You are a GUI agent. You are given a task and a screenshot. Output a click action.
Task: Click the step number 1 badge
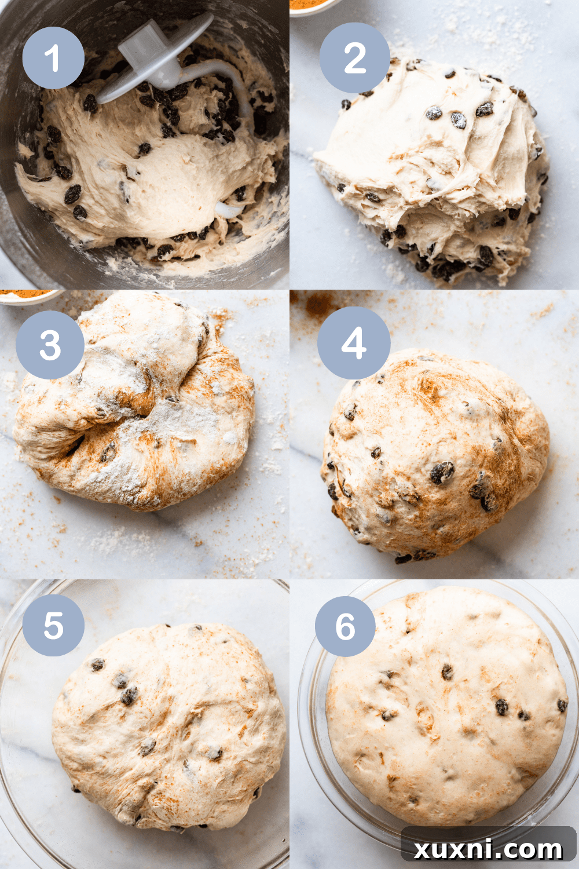[53, 58]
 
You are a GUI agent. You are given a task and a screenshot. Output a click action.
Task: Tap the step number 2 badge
[355, 58]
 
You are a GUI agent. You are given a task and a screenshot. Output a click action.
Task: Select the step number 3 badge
[50, 345]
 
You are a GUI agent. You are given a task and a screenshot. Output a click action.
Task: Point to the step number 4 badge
[354, 343]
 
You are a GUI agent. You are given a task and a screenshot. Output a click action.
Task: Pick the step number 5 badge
[53, 626]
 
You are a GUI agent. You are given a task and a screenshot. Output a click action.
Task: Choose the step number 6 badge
[345, 626]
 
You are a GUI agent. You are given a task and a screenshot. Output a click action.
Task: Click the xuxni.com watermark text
[488, 849]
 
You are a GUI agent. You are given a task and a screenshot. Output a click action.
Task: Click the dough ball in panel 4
[434, 458]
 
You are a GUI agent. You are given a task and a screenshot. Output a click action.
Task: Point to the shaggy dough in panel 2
[434, 168]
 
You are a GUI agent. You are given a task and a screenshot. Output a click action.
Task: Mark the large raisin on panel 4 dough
[442, 472]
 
